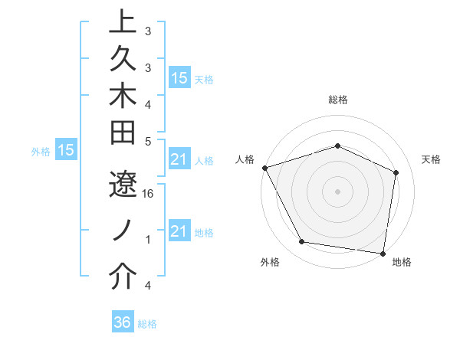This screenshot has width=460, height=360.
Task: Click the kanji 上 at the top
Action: coord(123,22)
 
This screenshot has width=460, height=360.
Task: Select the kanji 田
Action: coord(123,133)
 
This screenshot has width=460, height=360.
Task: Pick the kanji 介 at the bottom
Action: coord(123,277)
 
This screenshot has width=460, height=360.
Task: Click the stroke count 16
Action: coord(148,195)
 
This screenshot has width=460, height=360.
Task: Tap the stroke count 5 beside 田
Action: coord(148,141)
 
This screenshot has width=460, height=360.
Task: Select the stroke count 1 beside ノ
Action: coord(148,240)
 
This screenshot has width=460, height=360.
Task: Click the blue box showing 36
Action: coord(122,322)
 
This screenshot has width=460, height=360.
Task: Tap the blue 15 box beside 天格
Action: coord(179,78)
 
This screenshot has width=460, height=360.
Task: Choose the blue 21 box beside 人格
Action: coord(179,160)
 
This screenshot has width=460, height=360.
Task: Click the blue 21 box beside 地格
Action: coord(179,231)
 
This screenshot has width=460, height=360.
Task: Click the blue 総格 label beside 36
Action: coord(147,324)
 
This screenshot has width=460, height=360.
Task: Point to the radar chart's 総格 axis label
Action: coord(338,100)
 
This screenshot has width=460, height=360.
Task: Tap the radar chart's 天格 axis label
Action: coord(432,159)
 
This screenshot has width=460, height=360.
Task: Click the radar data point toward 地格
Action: coord(383,253)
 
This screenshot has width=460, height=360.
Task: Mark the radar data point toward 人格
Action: coord(264,167)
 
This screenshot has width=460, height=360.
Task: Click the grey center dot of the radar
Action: coord(338,191)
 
